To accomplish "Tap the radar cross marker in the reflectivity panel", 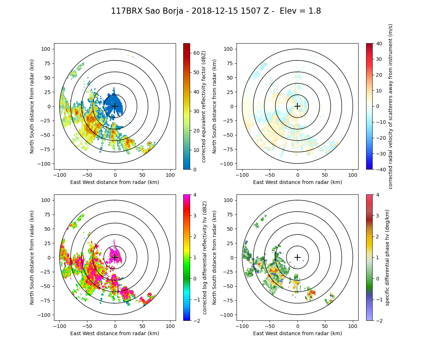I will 115,106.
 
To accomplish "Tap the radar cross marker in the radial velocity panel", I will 297,106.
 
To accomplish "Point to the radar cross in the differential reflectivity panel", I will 115,257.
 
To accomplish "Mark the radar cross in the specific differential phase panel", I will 297,257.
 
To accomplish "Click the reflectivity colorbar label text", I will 204,106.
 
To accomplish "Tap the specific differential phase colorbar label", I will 387,257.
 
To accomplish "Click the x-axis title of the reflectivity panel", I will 115,182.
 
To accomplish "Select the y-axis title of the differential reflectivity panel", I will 32,257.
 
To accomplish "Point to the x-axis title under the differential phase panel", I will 297,333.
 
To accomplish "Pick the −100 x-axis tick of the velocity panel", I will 242,175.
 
